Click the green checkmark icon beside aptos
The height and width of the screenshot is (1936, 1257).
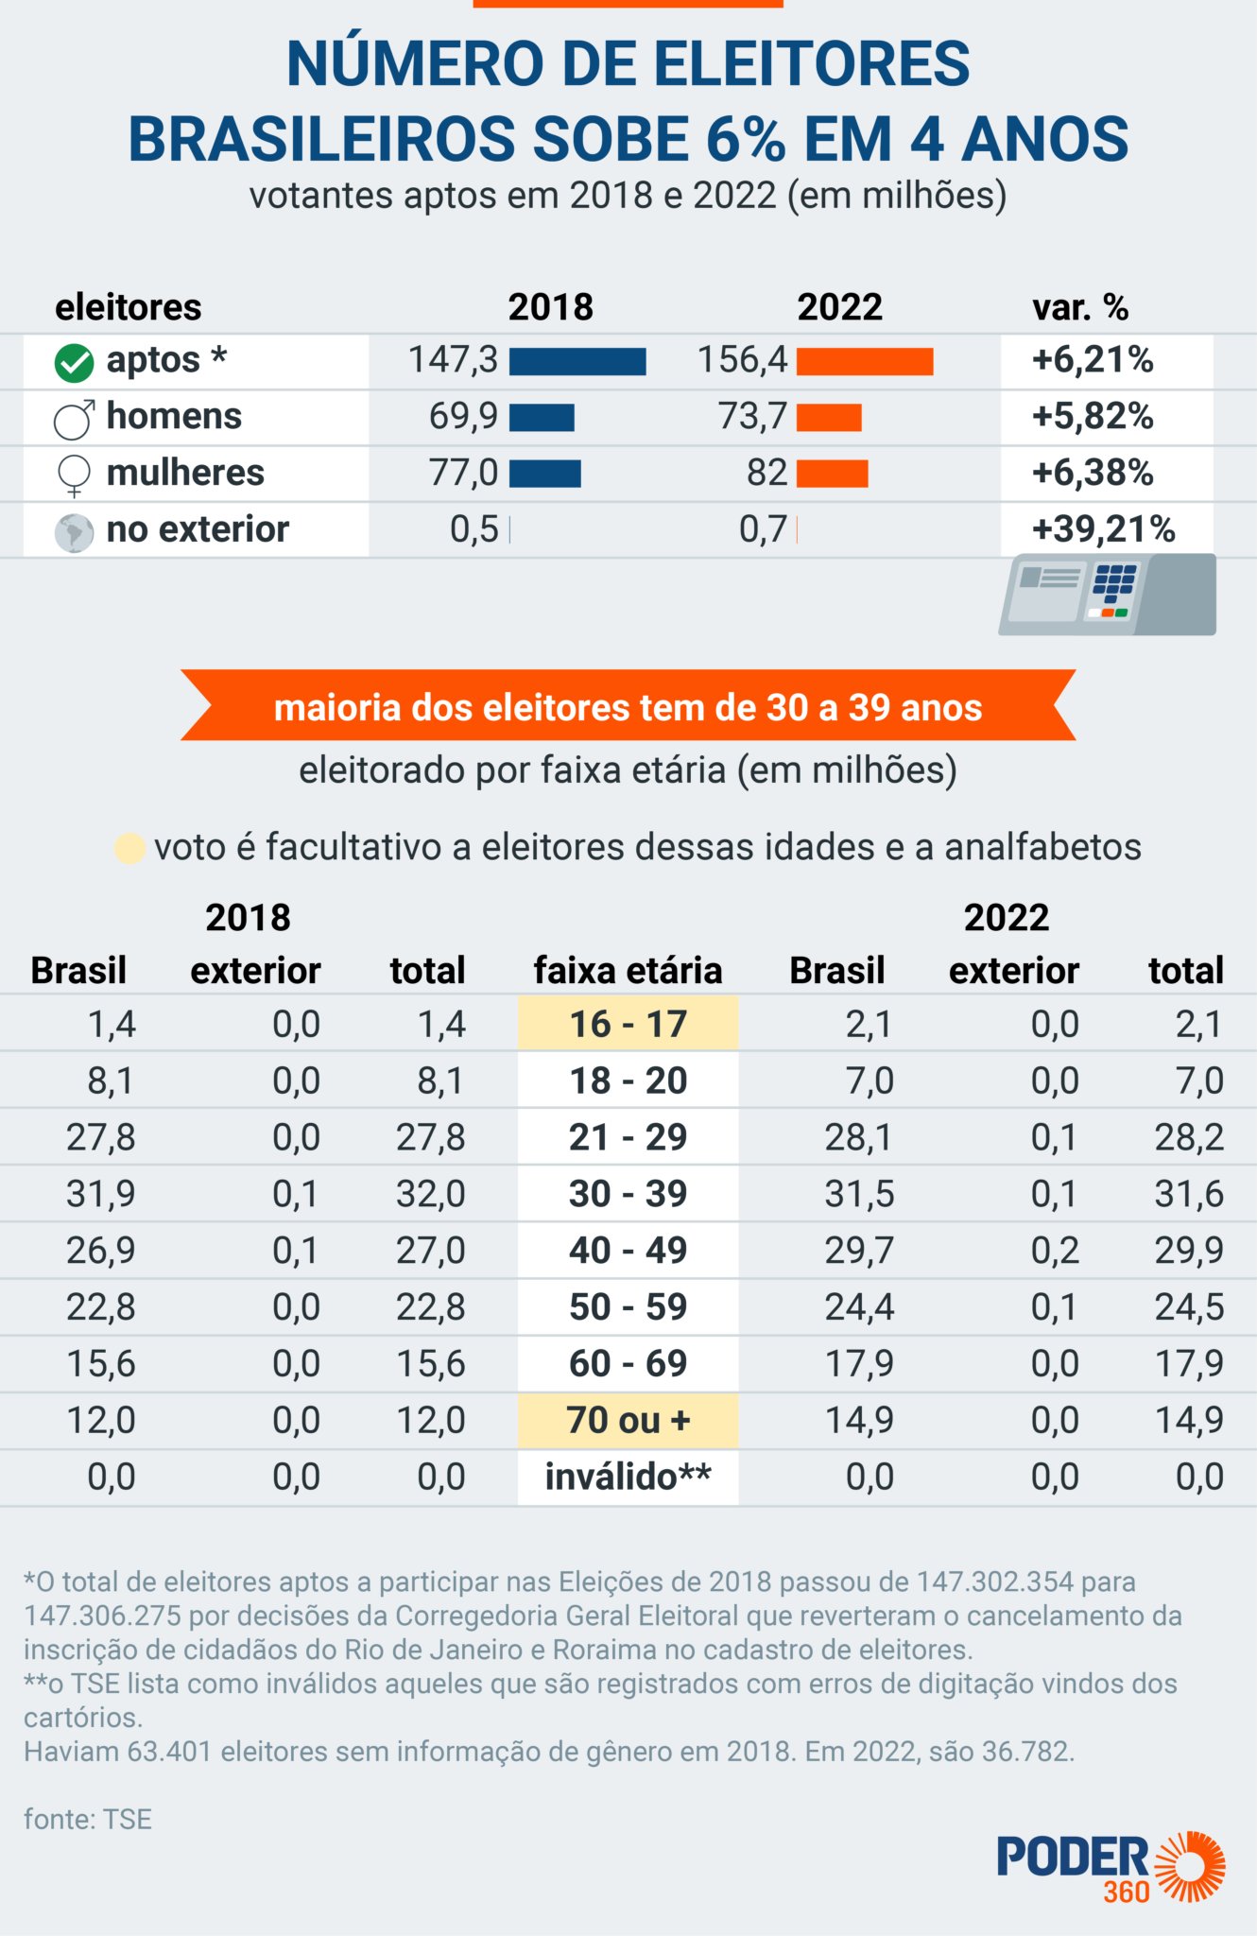tap(74, 363)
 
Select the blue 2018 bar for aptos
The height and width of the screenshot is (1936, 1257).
tap(577, 362)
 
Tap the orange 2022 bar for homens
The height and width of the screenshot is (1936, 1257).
tap(829, 418)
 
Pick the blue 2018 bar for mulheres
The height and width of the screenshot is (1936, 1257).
tap(545, 475)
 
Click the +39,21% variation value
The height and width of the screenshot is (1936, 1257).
tap(1103, 529)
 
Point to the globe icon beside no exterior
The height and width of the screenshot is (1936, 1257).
tap(74, 532)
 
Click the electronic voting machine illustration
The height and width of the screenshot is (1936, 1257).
tap(1107, 595)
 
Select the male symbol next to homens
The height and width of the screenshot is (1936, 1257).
tap(74, 420)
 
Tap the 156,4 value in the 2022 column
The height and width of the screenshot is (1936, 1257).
tap(742, 360)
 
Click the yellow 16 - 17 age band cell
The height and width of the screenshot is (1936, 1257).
tap(628, 1024)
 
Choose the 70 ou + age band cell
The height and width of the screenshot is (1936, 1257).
tap(628, 1420)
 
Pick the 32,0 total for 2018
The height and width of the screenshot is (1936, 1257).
tap(430, 1194)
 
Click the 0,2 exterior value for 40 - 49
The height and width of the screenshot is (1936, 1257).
tap(1055, 1251)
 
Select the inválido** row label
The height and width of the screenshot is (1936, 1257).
tap(628, 1477)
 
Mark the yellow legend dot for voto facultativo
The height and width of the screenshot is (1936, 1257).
tap(129, 848)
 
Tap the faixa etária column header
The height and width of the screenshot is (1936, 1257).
tap(628, 971)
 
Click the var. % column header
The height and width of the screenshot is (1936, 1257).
tap(1079, 307)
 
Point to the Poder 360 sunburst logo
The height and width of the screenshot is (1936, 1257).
tap(1191, 1866)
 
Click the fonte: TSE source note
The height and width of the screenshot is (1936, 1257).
tap(88, 1820)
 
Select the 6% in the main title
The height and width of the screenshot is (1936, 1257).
tap(745, 140)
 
